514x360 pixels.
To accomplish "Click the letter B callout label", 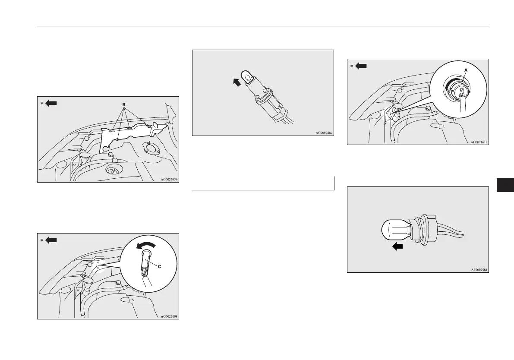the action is click(124, 104).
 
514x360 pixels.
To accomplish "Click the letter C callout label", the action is click(159, 267).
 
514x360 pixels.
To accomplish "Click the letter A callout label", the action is click(466, 70).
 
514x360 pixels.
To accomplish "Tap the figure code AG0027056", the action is click(169, 179).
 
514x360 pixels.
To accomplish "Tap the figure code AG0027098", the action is click(169, 316).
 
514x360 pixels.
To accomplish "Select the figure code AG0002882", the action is click(324, 133).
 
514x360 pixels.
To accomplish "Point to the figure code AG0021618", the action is click(479, 142).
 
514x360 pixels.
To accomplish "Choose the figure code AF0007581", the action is click(479, 270).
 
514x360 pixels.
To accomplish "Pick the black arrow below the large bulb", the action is click(397, 246).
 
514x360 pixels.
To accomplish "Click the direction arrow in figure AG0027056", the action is click(51, 103).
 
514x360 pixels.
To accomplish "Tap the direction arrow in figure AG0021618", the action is click(361, 66).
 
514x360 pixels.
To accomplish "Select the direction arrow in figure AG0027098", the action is click(51, 240).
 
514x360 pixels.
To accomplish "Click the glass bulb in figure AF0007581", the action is click(395, 231).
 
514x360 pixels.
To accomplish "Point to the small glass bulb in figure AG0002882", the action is click(247, 77).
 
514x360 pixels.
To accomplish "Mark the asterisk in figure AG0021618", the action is click(352, 66).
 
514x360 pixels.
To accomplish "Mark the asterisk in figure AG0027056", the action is click(42, 104).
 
